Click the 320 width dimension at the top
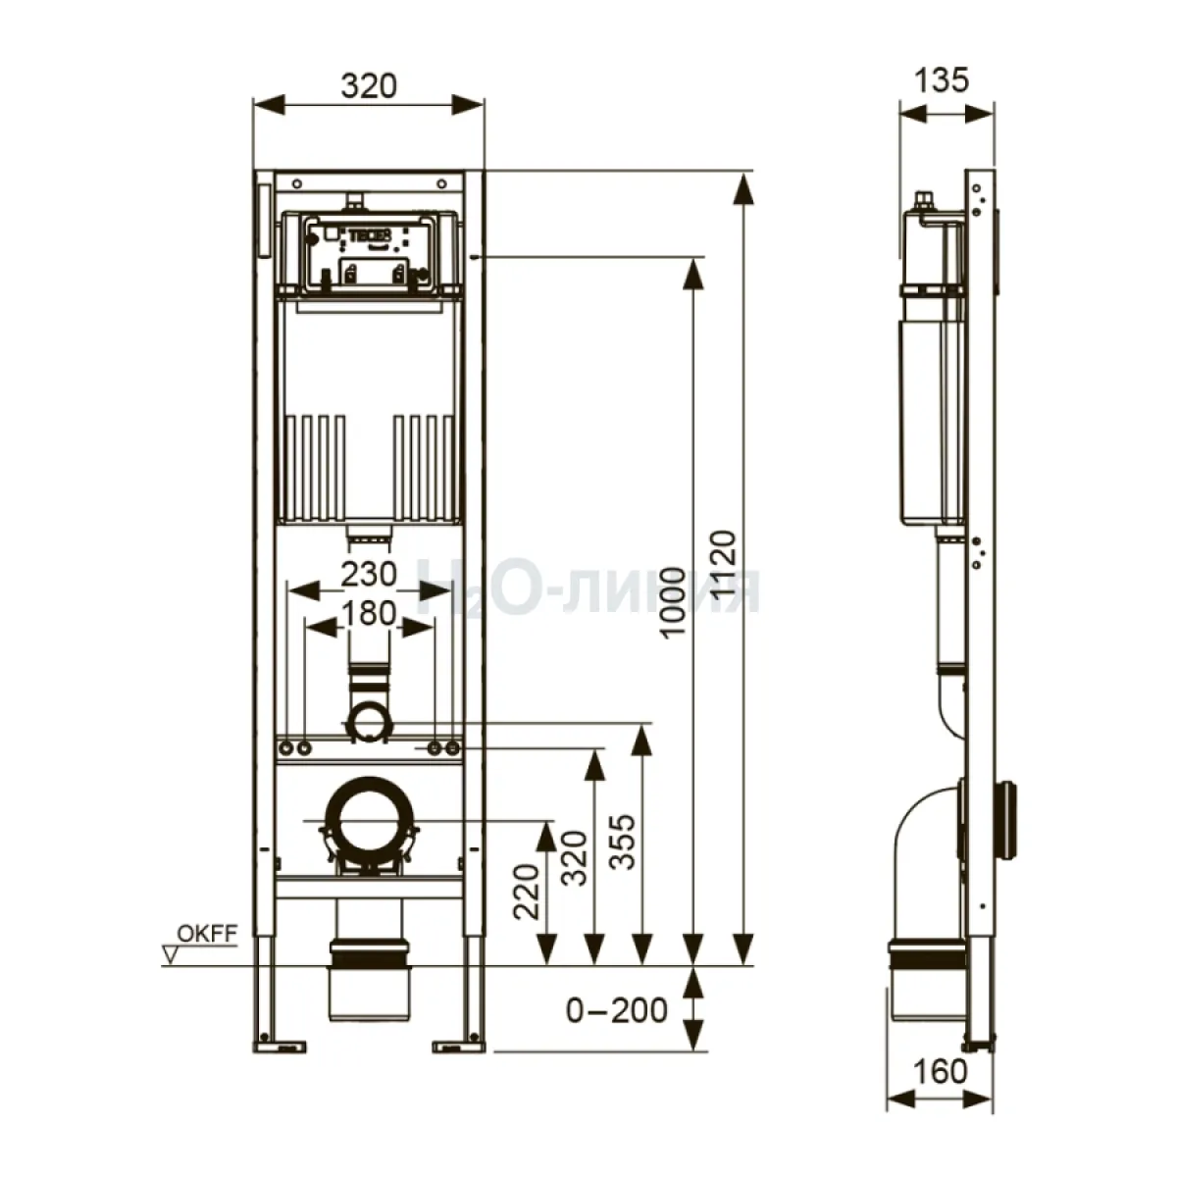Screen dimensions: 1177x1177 coord(369,86)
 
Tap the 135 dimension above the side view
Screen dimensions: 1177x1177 coord(942,80)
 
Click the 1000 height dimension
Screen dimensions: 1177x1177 coord(673,601)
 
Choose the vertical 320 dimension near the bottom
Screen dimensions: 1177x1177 coord(574,857)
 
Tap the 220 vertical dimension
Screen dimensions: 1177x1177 coord(526,892)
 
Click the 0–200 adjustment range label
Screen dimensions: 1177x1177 coord(616,1010)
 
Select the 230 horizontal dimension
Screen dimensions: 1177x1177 coord(369,574)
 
